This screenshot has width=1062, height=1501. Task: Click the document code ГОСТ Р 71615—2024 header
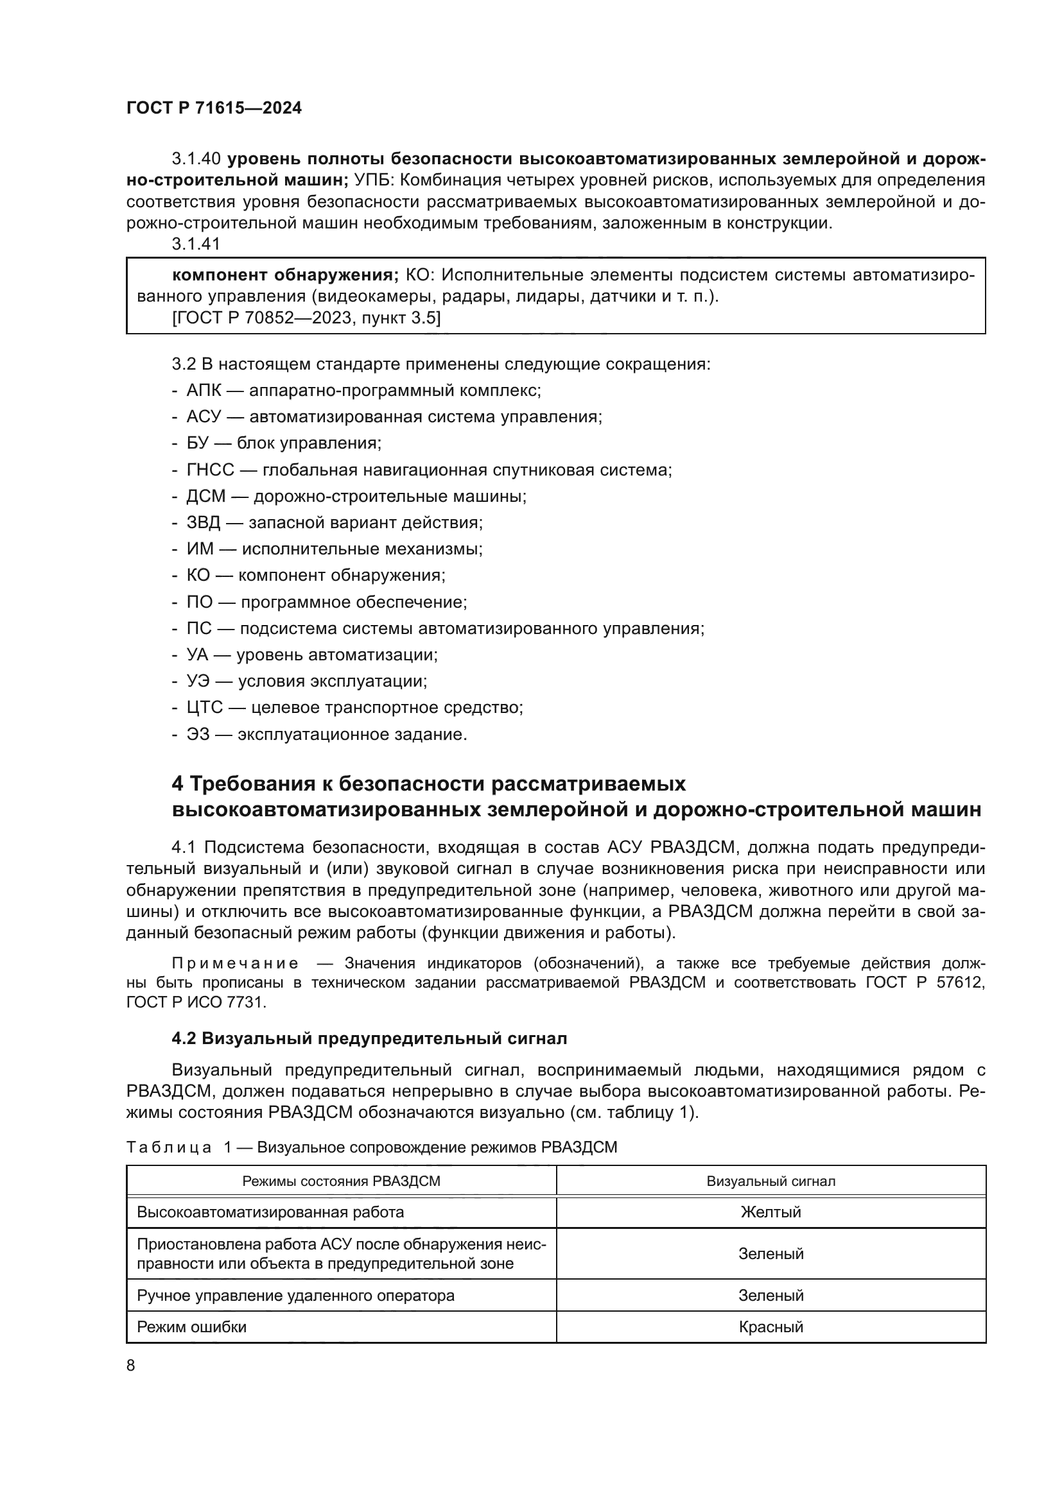tap(214, 108)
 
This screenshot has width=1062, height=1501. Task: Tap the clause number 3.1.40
tap(196, 159)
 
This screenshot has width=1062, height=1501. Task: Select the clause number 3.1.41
tap(196, 244)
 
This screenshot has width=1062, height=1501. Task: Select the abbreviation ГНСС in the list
tap(210, 470)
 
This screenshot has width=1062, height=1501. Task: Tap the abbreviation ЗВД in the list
tap(204, 523)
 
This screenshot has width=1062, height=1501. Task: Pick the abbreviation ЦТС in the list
tap(205, 707)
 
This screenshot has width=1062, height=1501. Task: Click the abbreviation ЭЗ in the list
tap(198, 734)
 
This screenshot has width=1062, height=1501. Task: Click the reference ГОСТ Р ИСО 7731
tap(196, 1002)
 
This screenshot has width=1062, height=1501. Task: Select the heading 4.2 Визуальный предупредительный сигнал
tap(369, 1039)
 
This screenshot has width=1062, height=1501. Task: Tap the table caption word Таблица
tap(169, 1147)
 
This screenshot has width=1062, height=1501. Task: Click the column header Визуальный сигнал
tap(770, 1181)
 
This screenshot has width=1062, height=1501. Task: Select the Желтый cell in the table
tap(770, 1212)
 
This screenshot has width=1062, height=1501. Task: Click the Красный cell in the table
tap(770, 1327)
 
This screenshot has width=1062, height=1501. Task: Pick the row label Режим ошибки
tap(191, 1327)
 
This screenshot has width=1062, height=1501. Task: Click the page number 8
tap(131, 1366)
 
